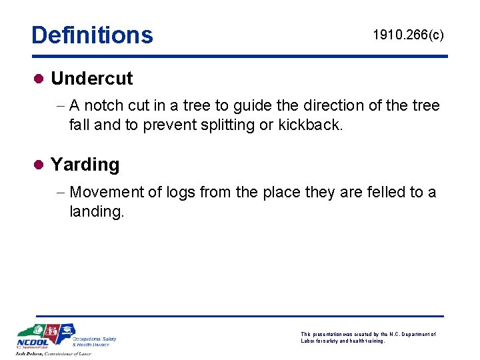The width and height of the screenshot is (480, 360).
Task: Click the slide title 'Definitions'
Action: point(92,35)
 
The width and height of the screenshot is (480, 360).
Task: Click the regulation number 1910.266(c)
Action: point(408,35)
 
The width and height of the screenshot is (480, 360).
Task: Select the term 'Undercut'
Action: point(91,79)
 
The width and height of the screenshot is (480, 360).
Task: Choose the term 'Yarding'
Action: point(85,165)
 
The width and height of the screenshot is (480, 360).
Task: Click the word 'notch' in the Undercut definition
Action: point(103,106)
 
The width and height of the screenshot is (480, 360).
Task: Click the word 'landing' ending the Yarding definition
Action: point(96,212)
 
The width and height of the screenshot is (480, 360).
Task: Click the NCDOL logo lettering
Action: point(31,343)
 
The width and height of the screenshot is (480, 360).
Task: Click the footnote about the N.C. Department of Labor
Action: point(368,337)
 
